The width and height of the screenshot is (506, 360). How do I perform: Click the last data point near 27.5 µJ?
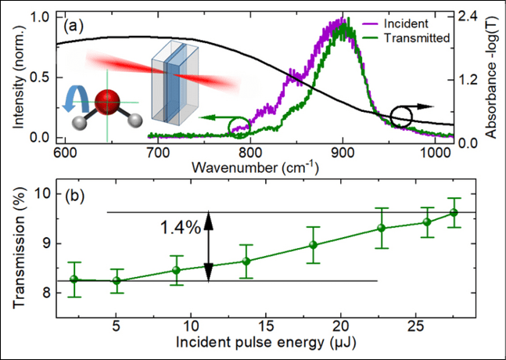453,213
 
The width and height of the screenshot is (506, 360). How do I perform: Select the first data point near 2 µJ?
75,279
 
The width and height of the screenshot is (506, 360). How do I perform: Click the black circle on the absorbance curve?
402,117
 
